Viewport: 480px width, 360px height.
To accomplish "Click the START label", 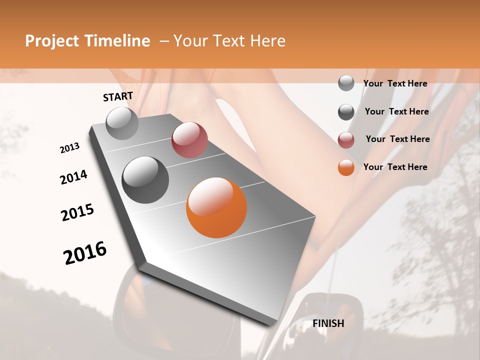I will pyautogui.click(x=118, y=96).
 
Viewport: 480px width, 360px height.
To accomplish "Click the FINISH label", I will pyautogui.click(x=328, y=323).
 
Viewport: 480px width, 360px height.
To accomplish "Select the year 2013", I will pyautogui.click(x=69, y=148).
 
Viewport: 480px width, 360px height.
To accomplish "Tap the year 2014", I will pyautogui.click(x=73, y=177).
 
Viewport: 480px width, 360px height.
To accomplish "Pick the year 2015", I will pyautogui.click(x=77, y=212).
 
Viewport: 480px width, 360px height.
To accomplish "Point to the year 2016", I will pyautogui.click(x=85, y=252).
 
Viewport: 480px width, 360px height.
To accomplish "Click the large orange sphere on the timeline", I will pyautogui.click(x=216, y=207).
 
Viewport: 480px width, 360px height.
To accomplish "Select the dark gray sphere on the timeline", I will pyautogui.click(x=145, y=180).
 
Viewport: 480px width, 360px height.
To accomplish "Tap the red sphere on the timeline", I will pyautogui.click(x=189, y=140).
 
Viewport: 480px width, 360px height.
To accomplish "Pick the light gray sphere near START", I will pyautogui.click(x=122, y=123).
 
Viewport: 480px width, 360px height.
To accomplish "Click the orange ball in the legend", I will pyautogui.click(x=346, y=167).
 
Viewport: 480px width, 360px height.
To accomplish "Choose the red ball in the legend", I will pyautogui.click(x=346, y=140).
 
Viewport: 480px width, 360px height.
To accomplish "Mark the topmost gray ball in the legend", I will pyautogui.click(x=346, y=83).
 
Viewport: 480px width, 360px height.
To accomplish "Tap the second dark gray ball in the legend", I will pyautogui.click(x=346, y=112).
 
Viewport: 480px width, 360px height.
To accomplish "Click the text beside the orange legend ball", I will pyautogui.click(x=395, y=167).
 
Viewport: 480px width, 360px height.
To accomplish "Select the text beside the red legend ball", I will pyautogui.click(x=397, y=139).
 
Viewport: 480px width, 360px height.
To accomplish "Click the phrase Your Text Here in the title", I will pyautogui.click(x=229, y=41).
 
